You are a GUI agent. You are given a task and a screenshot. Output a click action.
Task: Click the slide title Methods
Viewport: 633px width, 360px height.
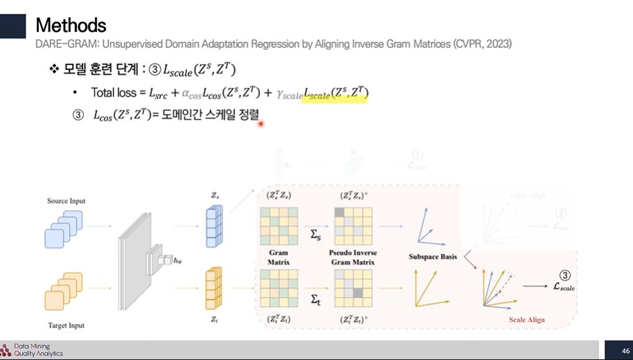(71, 26)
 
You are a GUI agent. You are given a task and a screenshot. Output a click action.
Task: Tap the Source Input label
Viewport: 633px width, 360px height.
(67, 201)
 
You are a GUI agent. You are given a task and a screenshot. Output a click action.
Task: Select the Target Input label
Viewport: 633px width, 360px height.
(67, 325)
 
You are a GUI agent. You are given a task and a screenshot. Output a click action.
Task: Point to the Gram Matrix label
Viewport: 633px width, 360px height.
(278, 257)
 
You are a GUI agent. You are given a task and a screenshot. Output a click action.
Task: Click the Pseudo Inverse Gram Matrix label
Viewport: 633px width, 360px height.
(355, 257)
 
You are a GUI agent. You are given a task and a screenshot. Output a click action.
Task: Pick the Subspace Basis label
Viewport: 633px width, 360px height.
(433, 257)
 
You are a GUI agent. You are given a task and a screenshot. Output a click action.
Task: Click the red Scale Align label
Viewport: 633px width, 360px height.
(527, 320)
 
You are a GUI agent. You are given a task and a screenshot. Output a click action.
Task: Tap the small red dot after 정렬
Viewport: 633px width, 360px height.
(261, 124)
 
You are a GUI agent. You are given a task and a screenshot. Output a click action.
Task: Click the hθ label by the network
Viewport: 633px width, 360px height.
(178, 260)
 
